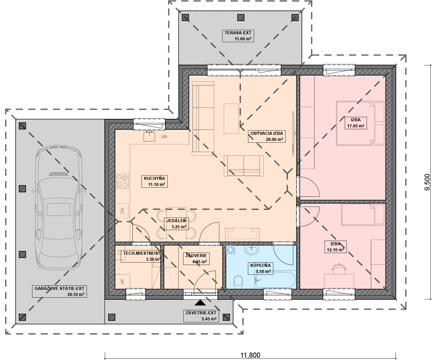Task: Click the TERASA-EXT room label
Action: (x=238, y=36)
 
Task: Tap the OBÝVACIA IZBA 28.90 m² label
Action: (x=267, y=136)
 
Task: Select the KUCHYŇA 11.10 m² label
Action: (x=155, y=181)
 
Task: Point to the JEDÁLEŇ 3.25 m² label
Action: (x=176, y=224)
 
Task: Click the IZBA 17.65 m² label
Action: (x=356, y=123)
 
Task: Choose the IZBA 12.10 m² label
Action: (x=335, y=247)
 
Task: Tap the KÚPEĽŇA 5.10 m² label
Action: (x=261, y=269)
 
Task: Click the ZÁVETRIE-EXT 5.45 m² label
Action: (x=201, y=316)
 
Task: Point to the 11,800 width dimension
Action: (x=250, y=355)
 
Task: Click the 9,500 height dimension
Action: (x=427, y=182)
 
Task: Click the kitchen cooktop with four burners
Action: (x=122, y=181)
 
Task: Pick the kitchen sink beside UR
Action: (x=149, y=136)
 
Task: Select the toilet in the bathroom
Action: (x=238, y=282)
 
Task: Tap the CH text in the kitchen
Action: (x=122, y=211)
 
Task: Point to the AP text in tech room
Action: (x=122, y=282)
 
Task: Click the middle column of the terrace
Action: (x=241, y=18)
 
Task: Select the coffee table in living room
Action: (x=231, y=119)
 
